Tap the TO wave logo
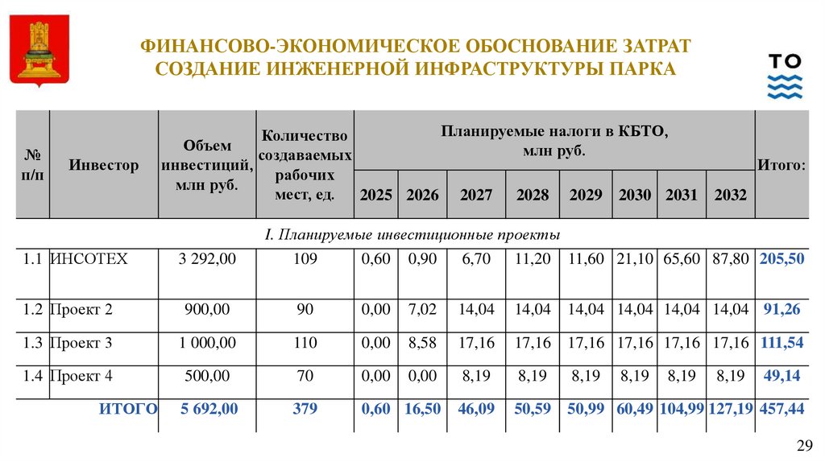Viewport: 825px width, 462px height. (784, 76)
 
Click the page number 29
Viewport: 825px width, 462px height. (805, 447)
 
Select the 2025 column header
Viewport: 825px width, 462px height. (376, 195)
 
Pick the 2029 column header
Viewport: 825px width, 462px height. (586, 195)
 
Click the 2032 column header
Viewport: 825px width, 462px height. (730, 195)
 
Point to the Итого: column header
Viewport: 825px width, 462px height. (781, 165)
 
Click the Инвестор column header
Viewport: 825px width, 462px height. (103, 165)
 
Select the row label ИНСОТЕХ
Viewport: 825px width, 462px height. (89, 259)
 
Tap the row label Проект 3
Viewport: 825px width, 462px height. (81, 343)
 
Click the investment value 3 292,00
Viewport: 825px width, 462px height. (207, 259)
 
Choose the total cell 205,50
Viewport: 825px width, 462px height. (781, 259)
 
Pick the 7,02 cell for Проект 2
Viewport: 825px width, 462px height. (423, 309)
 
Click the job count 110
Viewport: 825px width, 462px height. (305, 343)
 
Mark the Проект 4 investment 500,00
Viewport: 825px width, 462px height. (207, 376)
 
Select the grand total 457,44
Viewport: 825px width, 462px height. (781, 409)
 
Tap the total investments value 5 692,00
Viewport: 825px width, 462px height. (209, 409)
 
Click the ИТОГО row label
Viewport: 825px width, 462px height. (127, 409)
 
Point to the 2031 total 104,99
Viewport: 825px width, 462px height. (682, 409)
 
